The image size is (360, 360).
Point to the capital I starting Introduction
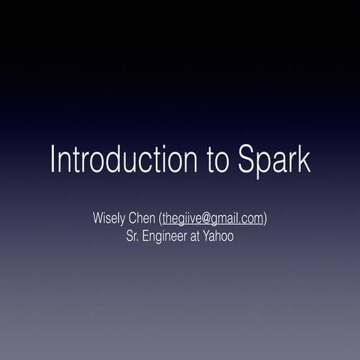click(x=53, y=159)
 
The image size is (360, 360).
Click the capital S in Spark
click(x=247, y=160)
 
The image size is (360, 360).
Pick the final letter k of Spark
click(x=303, y=160)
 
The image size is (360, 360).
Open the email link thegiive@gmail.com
click(x=212, y=219)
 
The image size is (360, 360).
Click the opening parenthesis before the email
click(x=160, y=219)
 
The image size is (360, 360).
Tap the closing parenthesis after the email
click(x=266, y=219)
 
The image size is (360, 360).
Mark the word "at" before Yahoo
click(x=199, y=236)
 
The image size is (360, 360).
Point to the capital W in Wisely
click(x=98, y=219)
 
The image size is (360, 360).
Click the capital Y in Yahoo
click(x=210, y=236)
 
